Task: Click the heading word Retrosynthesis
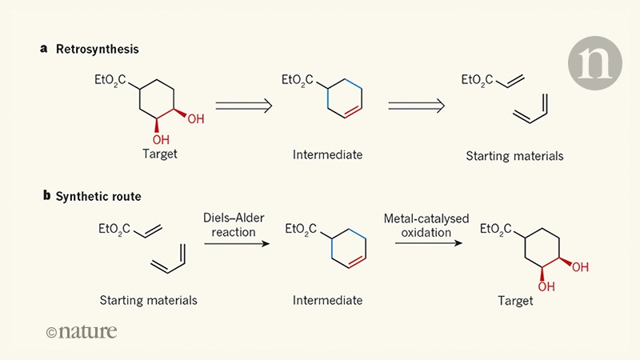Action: (x=97, y=49)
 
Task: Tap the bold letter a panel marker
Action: (x=44, y=49)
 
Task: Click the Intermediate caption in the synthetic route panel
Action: (x=327, y=301)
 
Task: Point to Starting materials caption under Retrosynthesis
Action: (x=514, y=155)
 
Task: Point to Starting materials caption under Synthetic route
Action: (x=148, y=301)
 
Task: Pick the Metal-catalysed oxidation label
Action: (x=419, y=225)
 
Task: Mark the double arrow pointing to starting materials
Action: (x=416, y=104)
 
